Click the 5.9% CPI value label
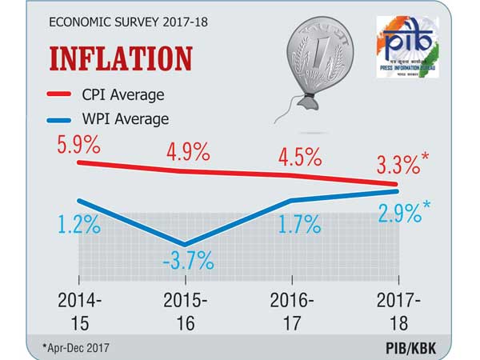point(79,147)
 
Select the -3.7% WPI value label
point(189,260)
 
